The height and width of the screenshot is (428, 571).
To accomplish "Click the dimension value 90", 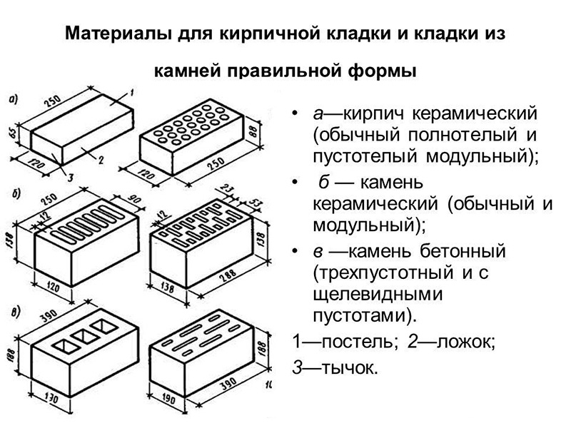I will [133, 196].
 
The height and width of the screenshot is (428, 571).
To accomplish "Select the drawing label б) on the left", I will [14, 192].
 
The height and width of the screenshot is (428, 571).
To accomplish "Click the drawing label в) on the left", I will [14, 311].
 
